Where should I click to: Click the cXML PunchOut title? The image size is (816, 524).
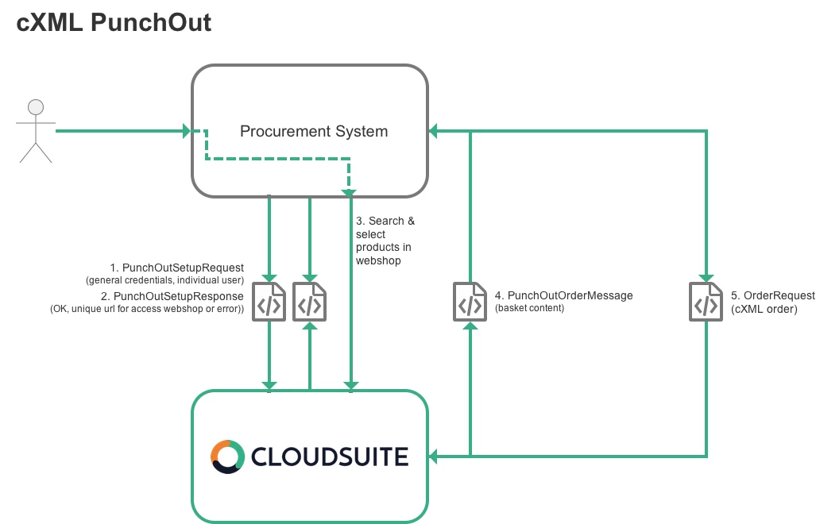pyautogui.click(x=114, y=21)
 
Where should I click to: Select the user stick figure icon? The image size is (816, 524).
pyautogui.click(x=35, y=131)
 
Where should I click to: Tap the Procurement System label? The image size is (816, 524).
pyautogui.click(x=314, y=131)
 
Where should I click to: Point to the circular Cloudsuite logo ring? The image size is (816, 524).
pyautogui.click(x=226, y=456)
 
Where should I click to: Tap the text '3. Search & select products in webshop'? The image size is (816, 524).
pyautogui.click(x=385, y=240)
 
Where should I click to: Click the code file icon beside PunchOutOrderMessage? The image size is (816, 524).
pyautogui.click(x=470, y=301)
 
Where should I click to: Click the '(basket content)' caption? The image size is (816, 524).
pyautogui.click(x=529, y=307)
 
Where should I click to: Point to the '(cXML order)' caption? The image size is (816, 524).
pyautogui.click(x=764, y=308)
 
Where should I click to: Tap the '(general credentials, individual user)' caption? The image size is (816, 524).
pyautogui.click(x=164, y=280)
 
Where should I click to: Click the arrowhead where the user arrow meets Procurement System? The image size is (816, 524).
pyautogui.click(x=187, y=130)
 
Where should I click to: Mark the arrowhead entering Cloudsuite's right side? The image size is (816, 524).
pyautogui.click(x=434, y=456)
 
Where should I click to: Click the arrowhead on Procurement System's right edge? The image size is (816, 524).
pyautogui.click(x=434, y=131)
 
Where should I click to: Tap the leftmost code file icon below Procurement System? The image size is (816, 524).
pyautogui.click(x=269, y=301)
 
